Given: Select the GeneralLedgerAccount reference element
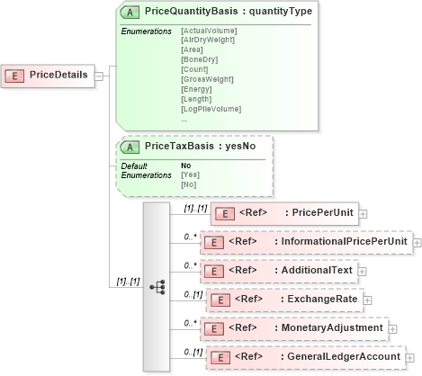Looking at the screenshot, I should click(x=304, y=356).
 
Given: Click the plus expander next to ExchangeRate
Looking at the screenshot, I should click(x=367, y=300).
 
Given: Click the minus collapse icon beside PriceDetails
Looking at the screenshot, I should click(x=99, y=76).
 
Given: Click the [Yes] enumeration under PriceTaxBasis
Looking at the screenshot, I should click(x=190, y=175).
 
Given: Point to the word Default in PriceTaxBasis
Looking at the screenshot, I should click(x=134, y=166).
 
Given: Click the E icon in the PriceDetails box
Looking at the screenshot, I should click(x=16, y=75).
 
